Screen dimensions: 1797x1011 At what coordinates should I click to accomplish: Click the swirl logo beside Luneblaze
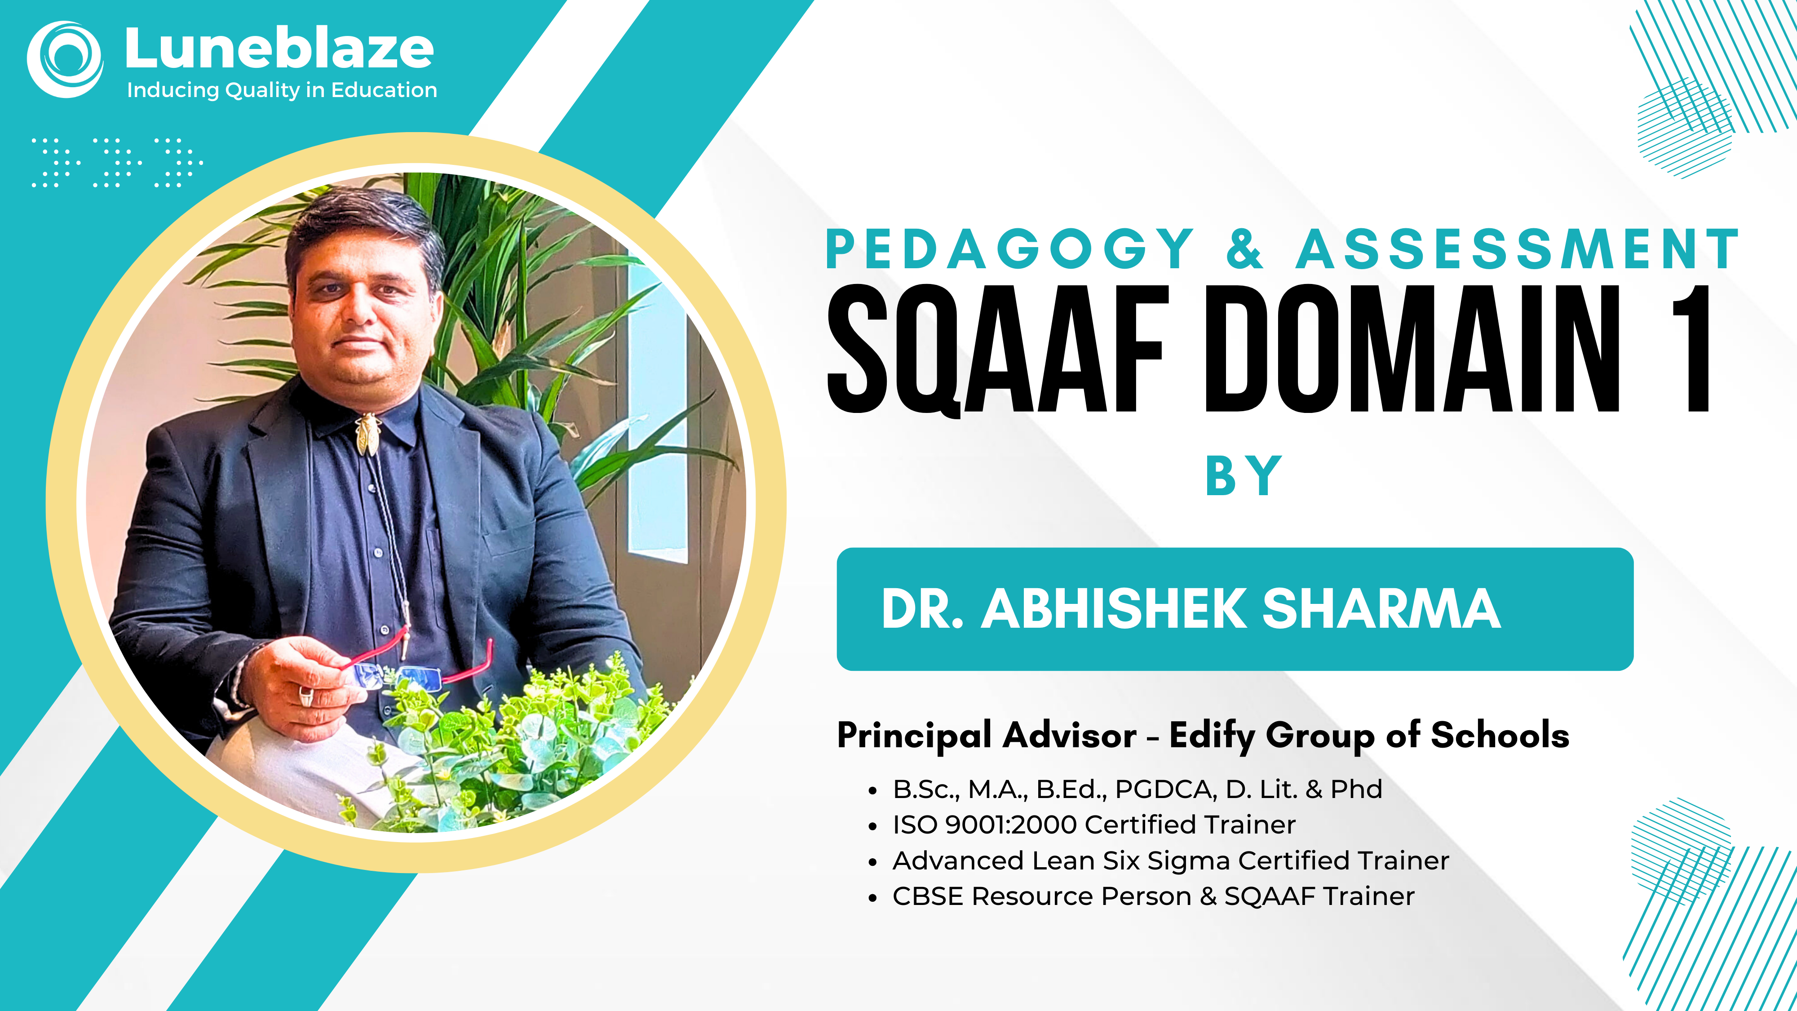(x=65, y=59)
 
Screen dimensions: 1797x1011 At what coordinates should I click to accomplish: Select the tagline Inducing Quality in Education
(x=282, y=90)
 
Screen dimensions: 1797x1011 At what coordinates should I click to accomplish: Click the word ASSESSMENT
(x=1518, y=248)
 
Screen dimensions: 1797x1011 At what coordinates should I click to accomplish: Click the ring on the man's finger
(x=307, y=695)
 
